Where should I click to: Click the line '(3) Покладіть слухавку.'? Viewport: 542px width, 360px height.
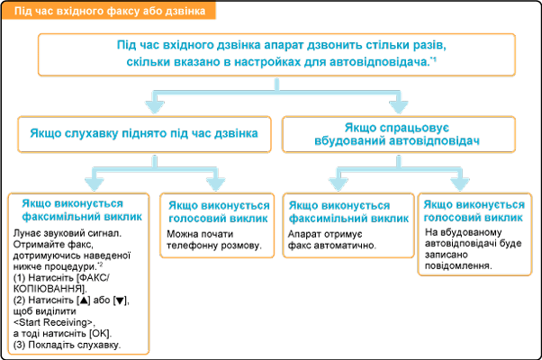pyautogui.click(x=68, y=346)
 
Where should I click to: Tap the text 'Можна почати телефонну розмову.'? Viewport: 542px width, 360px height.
pyautogui.click(x=212, y=238)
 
